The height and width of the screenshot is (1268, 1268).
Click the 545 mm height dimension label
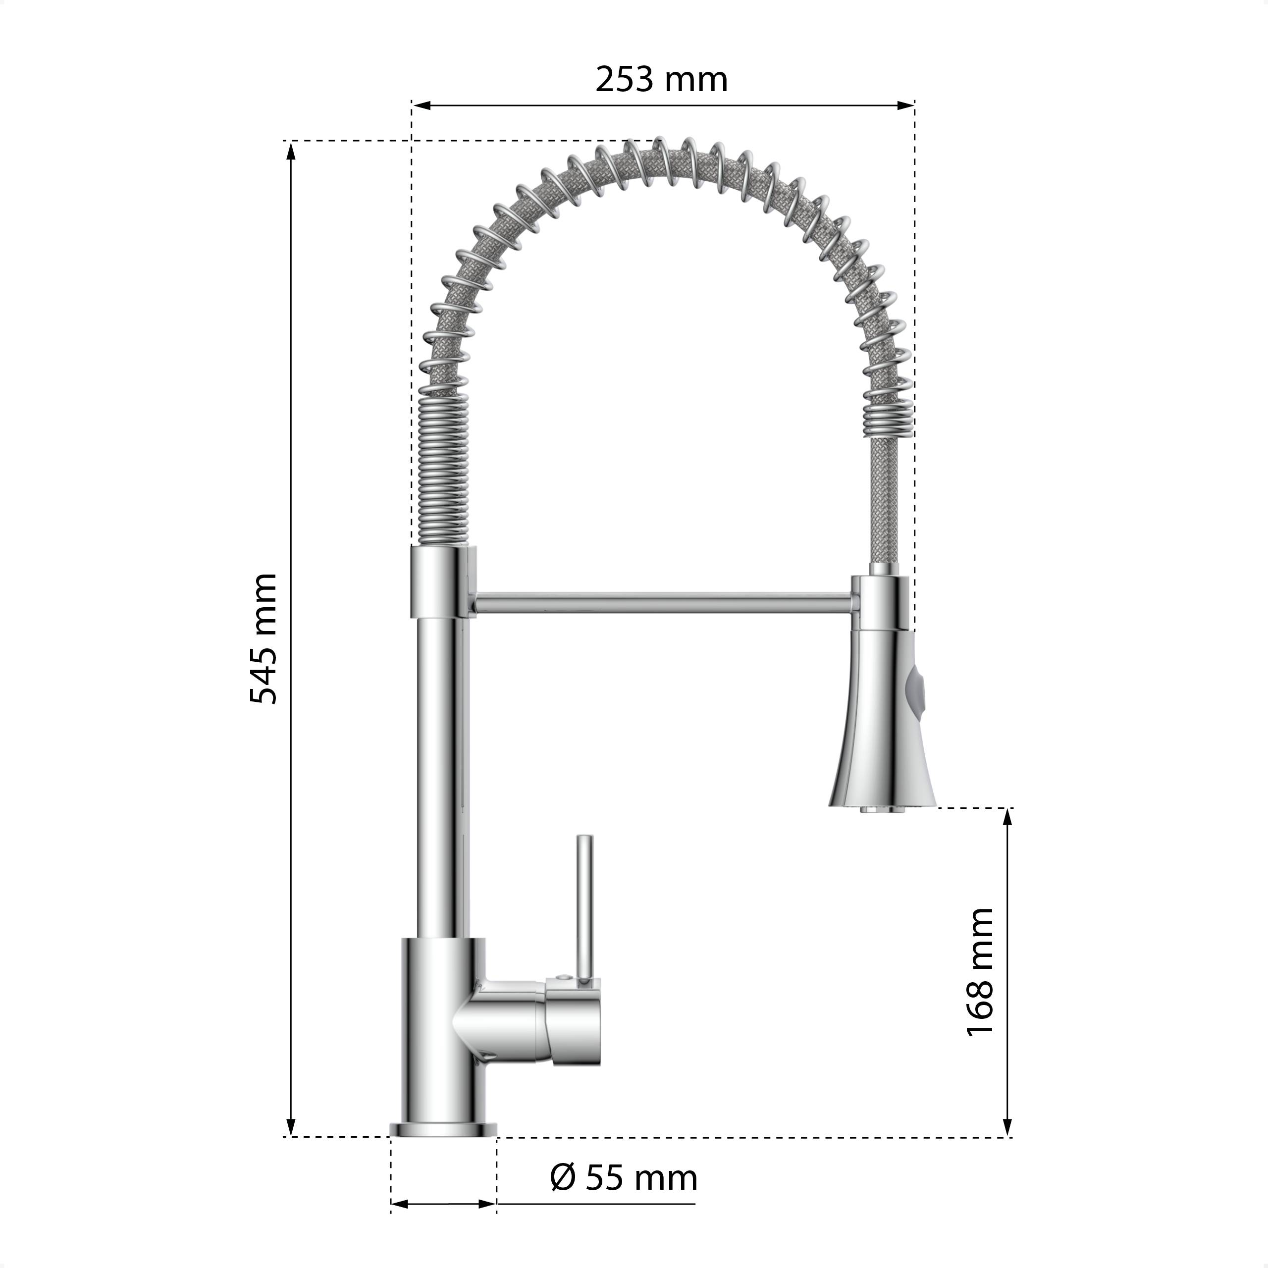click(264, 638)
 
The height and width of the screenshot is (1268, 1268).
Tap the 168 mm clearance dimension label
click(981, 981)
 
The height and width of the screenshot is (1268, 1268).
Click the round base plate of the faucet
click(444, 1129)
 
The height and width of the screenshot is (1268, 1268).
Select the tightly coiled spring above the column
click(444, 469)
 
